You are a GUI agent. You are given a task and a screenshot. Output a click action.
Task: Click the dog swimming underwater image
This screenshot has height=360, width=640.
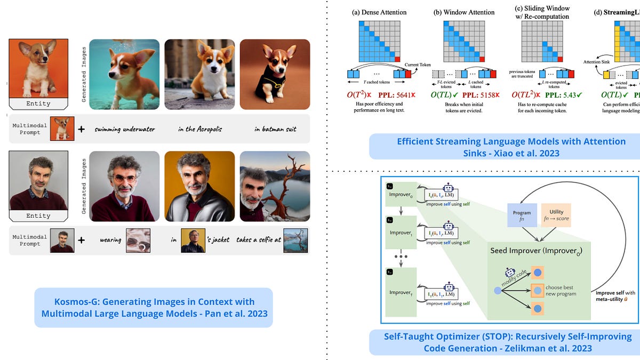pos(124,70)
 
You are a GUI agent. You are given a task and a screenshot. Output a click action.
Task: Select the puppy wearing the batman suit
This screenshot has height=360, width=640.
pos(275,70)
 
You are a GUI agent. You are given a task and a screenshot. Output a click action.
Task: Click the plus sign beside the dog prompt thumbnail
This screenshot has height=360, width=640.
pos(81,129)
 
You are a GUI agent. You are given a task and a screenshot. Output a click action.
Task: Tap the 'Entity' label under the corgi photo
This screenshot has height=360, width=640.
pos(38,103)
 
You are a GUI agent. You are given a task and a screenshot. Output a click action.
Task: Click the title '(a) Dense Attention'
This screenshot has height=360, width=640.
pos(380,12)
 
